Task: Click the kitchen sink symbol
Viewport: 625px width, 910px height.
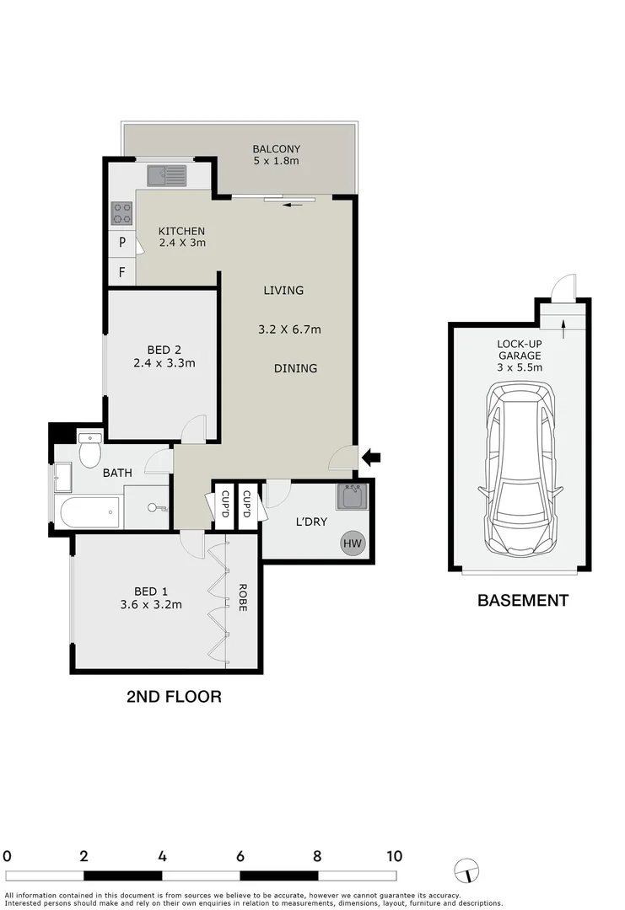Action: pos(166,175)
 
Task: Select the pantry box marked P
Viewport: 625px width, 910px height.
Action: pos(122,243)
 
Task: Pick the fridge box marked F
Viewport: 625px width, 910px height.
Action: pos(122,272)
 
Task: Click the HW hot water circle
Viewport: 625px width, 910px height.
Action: pos(353,543)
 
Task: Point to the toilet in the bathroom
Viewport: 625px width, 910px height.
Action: pos(89,451)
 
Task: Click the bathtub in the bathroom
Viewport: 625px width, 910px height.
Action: pos(89,511)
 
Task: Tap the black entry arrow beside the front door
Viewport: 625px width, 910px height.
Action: pos(372,458)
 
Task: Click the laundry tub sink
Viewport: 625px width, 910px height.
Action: pos(350,496)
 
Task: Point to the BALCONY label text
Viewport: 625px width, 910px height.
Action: pos(276,149)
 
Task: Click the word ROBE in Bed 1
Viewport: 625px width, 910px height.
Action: pos(242,597)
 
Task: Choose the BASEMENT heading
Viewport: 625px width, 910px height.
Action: pos(523,601)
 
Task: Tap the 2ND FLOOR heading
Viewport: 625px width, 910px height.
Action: pos(174,697)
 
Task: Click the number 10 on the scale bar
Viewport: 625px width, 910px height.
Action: pos(394,856)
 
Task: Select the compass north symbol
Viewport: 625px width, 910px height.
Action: pos(465,869)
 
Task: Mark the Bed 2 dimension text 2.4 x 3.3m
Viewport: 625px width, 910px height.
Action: pos(164,364)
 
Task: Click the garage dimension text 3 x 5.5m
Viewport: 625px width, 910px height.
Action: pos(519,367)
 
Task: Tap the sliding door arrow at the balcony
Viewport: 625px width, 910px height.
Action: pos(294,204)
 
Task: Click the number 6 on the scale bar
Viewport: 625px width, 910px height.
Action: pos(240,856)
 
